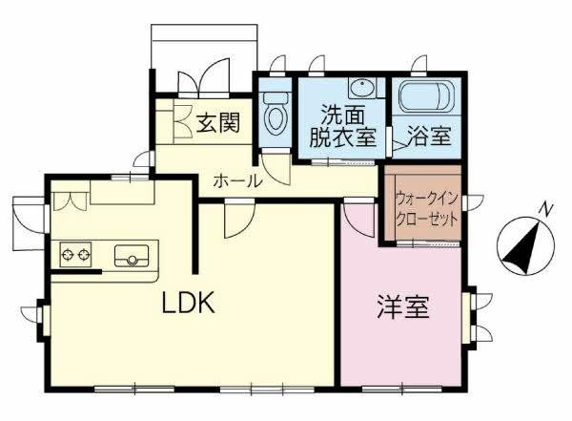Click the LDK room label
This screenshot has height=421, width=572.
click(188, 304)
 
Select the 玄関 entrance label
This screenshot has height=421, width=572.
click(218, 123)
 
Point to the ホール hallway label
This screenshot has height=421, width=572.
click(237, 180)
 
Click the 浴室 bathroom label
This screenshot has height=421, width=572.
click(429, 136)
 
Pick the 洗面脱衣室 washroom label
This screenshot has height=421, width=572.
click(342, 125)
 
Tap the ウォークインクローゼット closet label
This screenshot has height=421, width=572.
click(426, 209)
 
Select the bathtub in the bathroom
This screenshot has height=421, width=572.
click(426, 95)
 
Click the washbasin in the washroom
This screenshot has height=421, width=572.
click(362, 88)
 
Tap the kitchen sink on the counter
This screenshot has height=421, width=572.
click(132, 256)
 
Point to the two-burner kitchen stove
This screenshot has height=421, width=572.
click(75, 254)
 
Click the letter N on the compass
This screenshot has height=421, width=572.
click(545, 209)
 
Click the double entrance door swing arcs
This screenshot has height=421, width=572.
click(204, 82)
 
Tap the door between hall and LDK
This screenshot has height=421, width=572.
click(239, 220)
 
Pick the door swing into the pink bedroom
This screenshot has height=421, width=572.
click(359, 221)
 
